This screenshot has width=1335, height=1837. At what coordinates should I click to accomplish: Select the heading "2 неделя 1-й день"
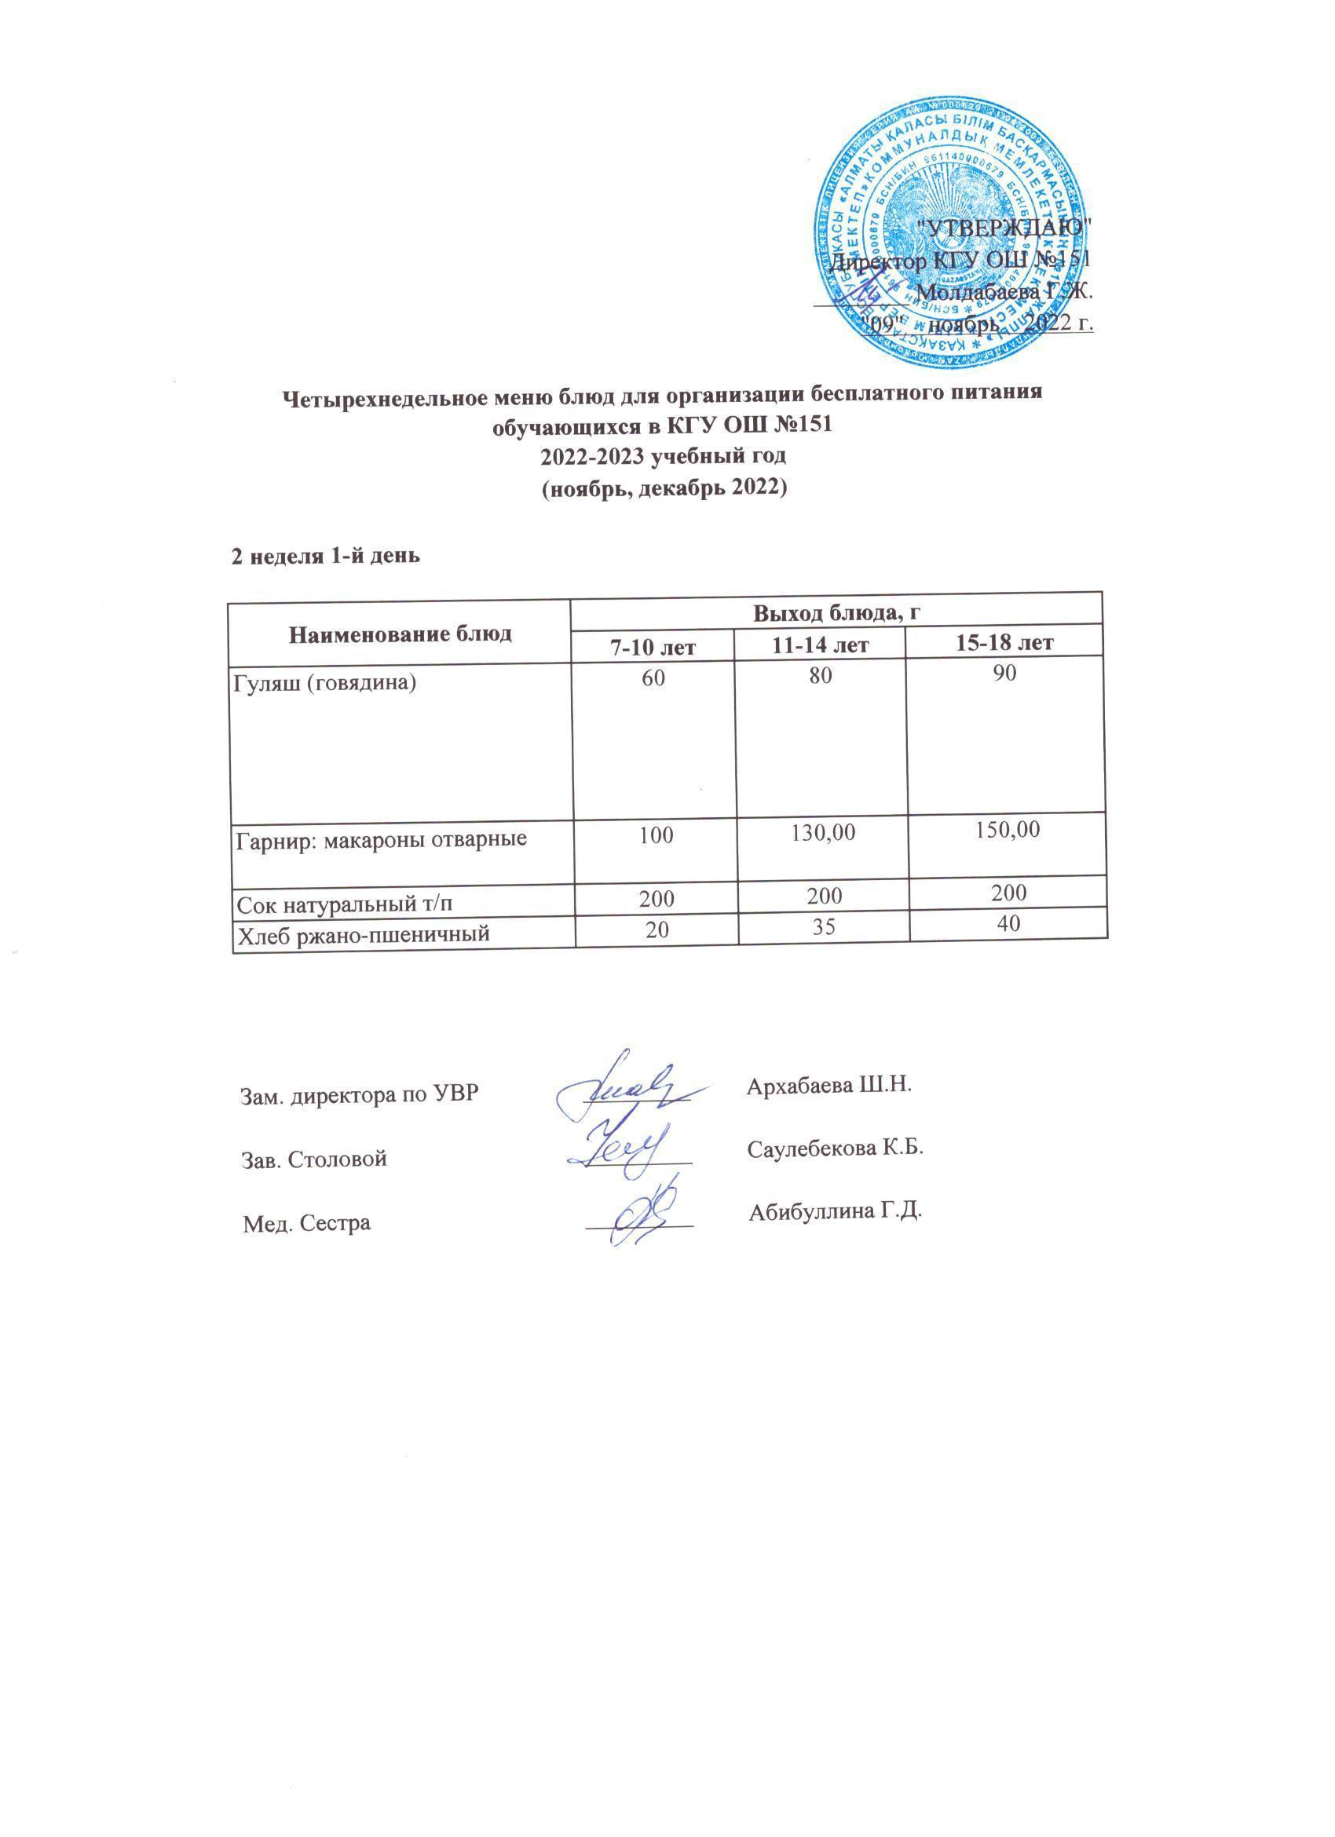[x=326, y=557]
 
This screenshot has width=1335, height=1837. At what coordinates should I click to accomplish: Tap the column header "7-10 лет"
[x=653, y=645]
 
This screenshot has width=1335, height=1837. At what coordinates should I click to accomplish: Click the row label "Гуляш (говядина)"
[x=325, y=683]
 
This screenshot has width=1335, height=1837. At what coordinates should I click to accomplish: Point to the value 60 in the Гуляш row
[x=653, y=677]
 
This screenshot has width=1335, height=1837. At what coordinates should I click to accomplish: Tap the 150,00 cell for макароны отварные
[x=1006, y=831]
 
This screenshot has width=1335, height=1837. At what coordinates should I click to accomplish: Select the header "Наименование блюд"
[x=400, y=634]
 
